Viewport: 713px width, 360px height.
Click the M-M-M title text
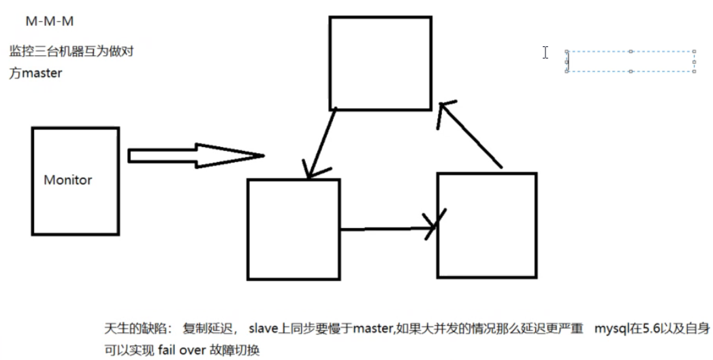point(49,21)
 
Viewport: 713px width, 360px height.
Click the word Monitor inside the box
point(67,180)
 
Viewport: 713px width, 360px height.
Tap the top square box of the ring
point(380,63)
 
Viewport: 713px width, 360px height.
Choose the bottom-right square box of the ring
point(486,225)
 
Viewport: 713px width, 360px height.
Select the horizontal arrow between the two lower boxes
point(387,229)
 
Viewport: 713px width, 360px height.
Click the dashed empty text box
point(630,61)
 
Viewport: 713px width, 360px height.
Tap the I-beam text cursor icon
point(545,52)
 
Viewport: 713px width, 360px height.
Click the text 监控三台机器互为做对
point(75,52)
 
